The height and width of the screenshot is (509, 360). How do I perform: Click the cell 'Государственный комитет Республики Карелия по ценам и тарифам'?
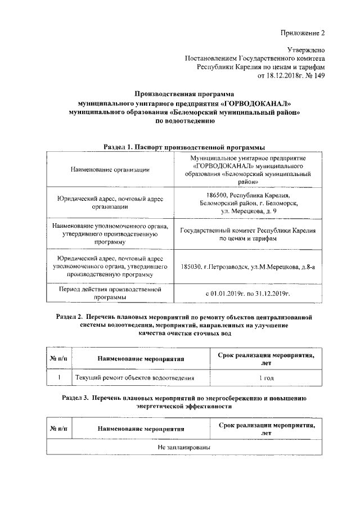point(248,235)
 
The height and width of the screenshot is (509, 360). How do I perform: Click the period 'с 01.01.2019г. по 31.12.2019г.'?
point(248,293)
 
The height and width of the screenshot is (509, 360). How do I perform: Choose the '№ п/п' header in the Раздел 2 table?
point(58,358)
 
